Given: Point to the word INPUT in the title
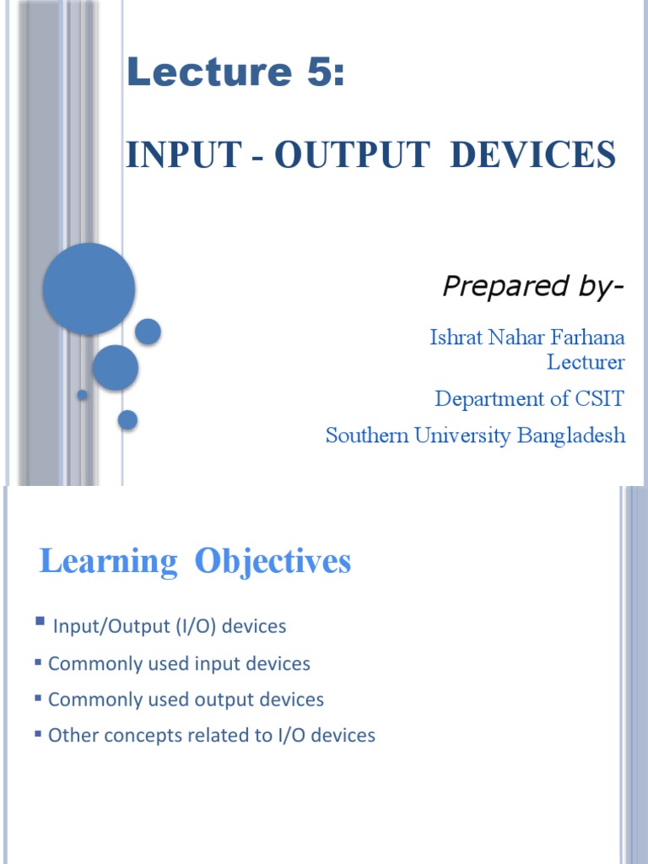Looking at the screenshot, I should coord(171,155).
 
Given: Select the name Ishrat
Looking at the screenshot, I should coord(456,338).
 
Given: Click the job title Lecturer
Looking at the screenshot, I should coord(586,363).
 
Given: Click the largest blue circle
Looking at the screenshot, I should coord(89,289).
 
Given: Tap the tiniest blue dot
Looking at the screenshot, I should coord(82,395).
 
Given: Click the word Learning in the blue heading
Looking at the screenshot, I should coord(108,562).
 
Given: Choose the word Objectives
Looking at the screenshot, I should coord(273,562).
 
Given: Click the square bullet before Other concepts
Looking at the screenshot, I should coord(38,734).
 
